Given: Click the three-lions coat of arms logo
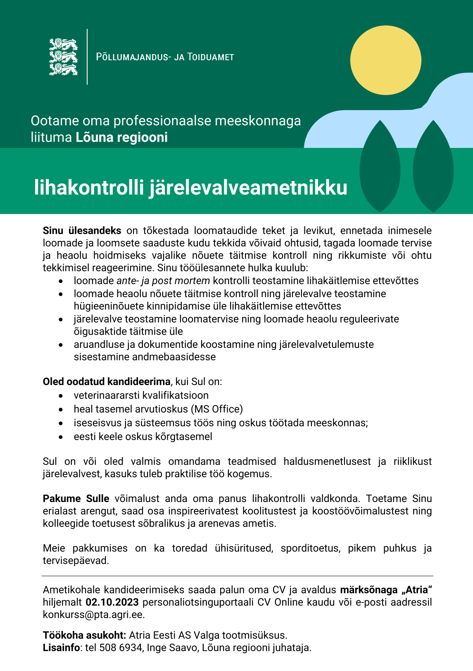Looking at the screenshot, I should [x=63, y=57].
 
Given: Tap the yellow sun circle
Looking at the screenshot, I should [x=385, y=60].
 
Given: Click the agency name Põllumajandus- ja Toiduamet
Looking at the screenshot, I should [x=165, y=57].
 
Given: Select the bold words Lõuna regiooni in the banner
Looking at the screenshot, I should [x=121, y=137].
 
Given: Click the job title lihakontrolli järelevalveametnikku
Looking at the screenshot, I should [x=190, y=188].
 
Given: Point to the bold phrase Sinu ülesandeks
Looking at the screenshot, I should [x=82, y=231].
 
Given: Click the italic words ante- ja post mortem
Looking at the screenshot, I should [x=163, y=281].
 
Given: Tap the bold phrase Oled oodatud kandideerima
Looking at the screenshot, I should [x=106, y=381].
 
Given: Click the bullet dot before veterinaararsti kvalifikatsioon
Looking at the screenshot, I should [x=61, y=396].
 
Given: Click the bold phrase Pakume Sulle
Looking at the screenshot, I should [x=76, y=498].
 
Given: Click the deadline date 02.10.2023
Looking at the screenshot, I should [x=112, y=602].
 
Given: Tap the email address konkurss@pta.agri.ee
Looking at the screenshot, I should [x=94, y=614].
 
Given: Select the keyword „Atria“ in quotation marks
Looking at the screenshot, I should [x=412, y=590].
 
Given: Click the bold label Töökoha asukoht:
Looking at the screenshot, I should [x=84, y=635].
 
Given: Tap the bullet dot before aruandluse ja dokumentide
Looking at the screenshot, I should [x=61, y=345].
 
